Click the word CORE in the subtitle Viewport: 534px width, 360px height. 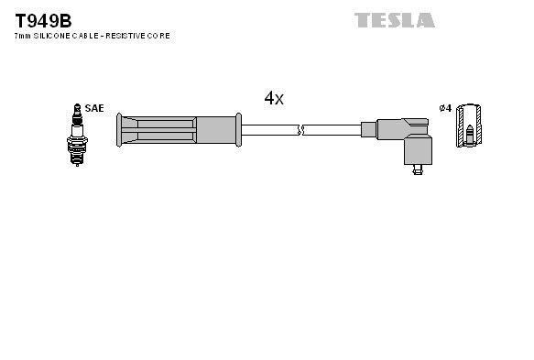click(x=161, y=36)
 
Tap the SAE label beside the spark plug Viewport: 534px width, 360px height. click(x=93, y=108)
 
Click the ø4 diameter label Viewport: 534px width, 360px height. click(x=445, y=108)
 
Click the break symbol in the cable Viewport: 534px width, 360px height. click(x=301, y=130)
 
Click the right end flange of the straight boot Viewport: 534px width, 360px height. click(x=238, y=130)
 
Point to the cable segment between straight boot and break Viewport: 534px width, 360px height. click(x=269, y=130)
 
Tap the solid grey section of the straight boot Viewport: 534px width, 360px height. click(x=215, y=130)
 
